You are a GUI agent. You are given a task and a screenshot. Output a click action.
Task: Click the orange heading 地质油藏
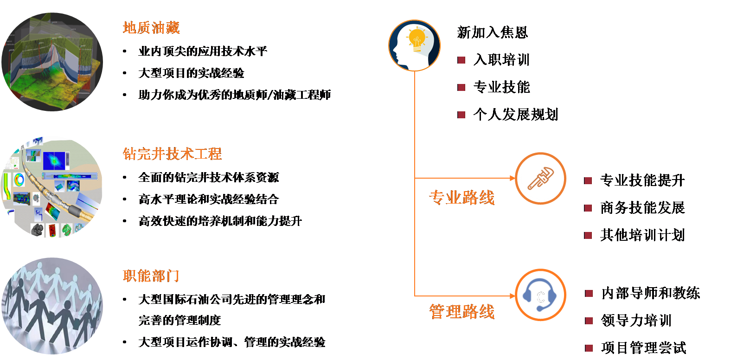pyautogui.click(x=151, y=28)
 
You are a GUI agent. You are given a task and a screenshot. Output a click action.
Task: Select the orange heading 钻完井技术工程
pyautogui.click(x=172, y=154)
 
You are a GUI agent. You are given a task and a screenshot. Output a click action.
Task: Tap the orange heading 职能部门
pyautogui.click(x=151, y=276)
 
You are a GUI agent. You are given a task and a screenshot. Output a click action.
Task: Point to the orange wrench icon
pyautogui.click(x=541, y=179)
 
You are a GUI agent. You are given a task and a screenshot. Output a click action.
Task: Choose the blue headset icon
pyautogui.click(x=540, y=296)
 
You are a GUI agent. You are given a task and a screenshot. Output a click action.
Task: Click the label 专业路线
pyautogui.click(x=462, y=198)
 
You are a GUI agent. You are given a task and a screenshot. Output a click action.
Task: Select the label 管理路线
pyautogui.click(x=462, y=312)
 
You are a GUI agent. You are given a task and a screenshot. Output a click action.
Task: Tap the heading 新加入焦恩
pyautogui.click(x=493, y=32)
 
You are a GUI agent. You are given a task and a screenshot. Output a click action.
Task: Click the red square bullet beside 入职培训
pyautogui.click(x=461, y=60)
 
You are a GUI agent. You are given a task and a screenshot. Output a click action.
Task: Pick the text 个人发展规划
pyautogui.click(x=516, y=115)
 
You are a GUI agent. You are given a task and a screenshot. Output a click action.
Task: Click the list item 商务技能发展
pyautogui.click(x=642, y=208)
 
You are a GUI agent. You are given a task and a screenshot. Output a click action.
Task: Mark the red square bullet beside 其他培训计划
pyautogui.click(x=588, y=235)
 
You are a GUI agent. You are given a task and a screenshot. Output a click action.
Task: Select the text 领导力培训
pyautogui.click(x=636, y=321)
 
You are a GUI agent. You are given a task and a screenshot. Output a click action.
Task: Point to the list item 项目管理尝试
pyautogui.click(x=643, y=348)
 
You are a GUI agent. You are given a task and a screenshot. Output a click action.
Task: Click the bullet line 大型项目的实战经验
pyautogui.click(x=191, y=73)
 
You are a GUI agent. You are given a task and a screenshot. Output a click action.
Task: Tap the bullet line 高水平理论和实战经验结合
pyautogui.click(x=209, y=199)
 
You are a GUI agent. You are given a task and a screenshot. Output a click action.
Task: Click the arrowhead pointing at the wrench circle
pyautogui.click(x=513, y=178)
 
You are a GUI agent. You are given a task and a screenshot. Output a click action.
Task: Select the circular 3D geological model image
pyautogui.click(x=52, y=62)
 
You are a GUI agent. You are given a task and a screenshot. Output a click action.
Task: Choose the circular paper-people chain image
pyautogui.click(x=52, y=306)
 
